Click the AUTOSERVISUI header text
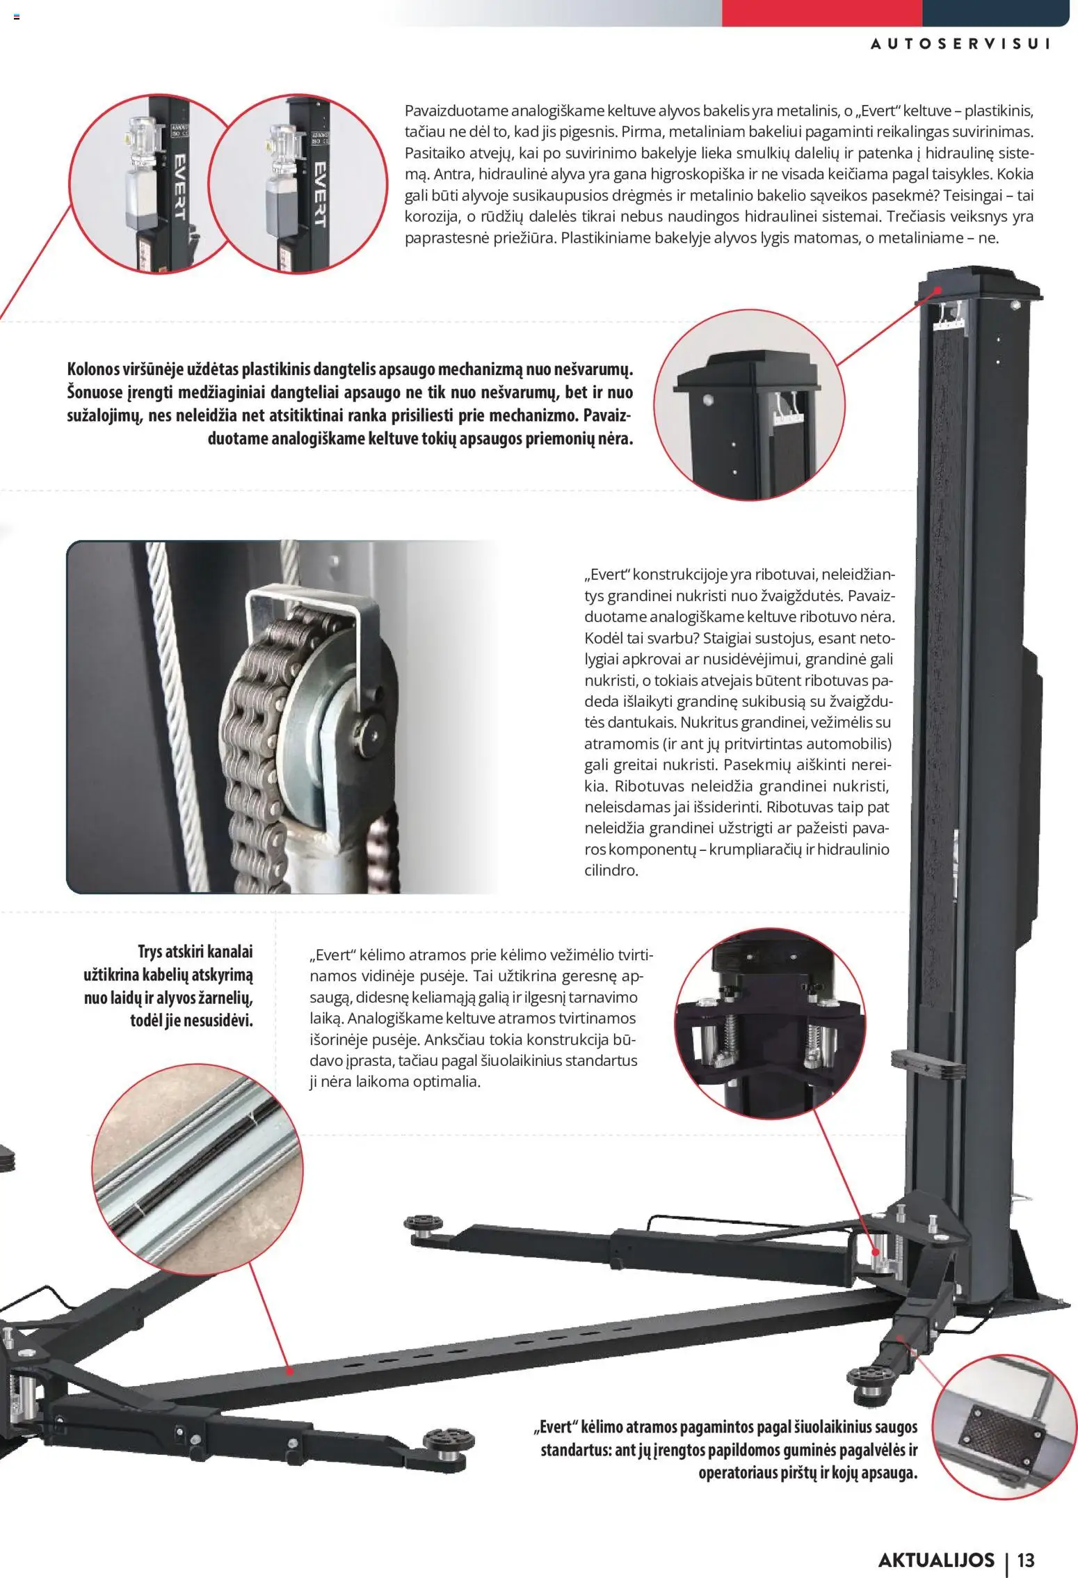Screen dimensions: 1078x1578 960,44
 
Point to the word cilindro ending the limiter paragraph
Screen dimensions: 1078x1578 610,870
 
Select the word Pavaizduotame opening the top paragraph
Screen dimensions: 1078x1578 456,111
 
